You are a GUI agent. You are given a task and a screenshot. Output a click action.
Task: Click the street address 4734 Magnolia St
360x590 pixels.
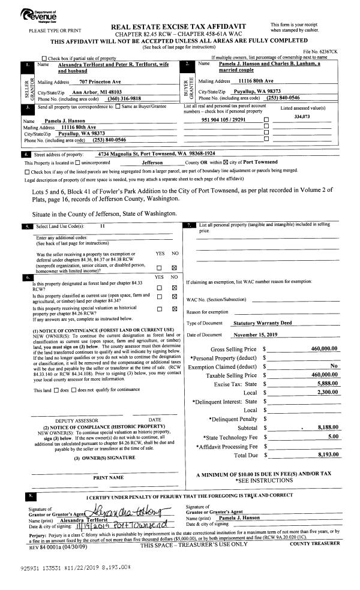point(152,154)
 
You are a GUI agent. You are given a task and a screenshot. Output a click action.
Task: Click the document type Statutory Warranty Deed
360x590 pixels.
point(262,322)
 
